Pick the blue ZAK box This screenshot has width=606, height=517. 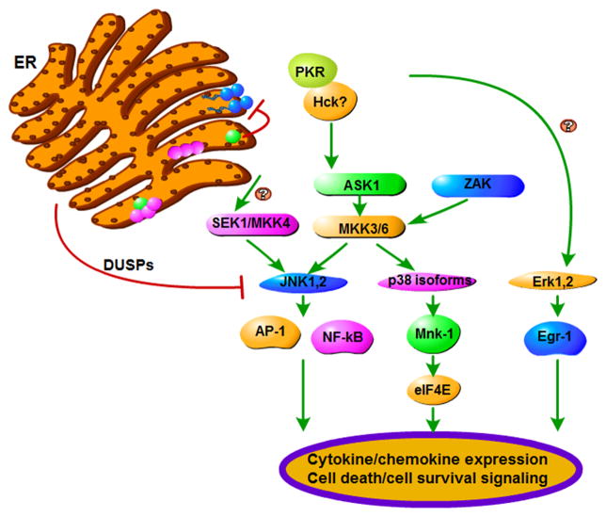coord(474,186)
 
